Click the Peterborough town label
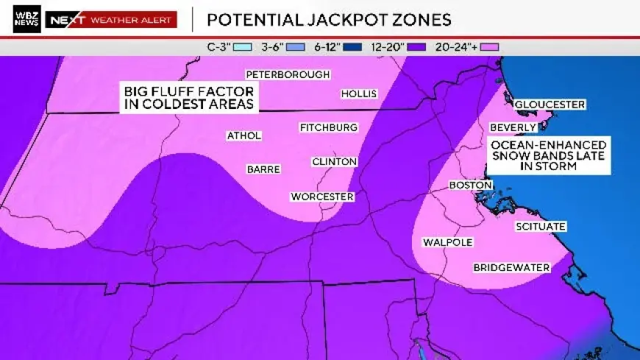pos(288,75)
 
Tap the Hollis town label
pos(359,93)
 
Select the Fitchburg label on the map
pos(328,128)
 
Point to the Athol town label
pos(244,135)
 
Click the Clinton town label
pos(334,161)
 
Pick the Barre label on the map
pos(263,169)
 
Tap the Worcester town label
pos(322,197)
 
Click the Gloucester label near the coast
pos(550,105)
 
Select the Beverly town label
pos(513,127)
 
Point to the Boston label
pos(470,186)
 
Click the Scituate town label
pos(540,227)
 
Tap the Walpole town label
pos(447,242)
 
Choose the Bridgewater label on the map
pos(511,267)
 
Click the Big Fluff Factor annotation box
pos(189,97)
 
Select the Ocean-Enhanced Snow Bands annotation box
pos(549,156)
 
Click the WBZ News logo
pos(27,19)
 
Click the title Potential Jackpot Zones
pos(329,19)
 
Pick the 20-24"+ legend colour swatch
pos(490,46)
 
